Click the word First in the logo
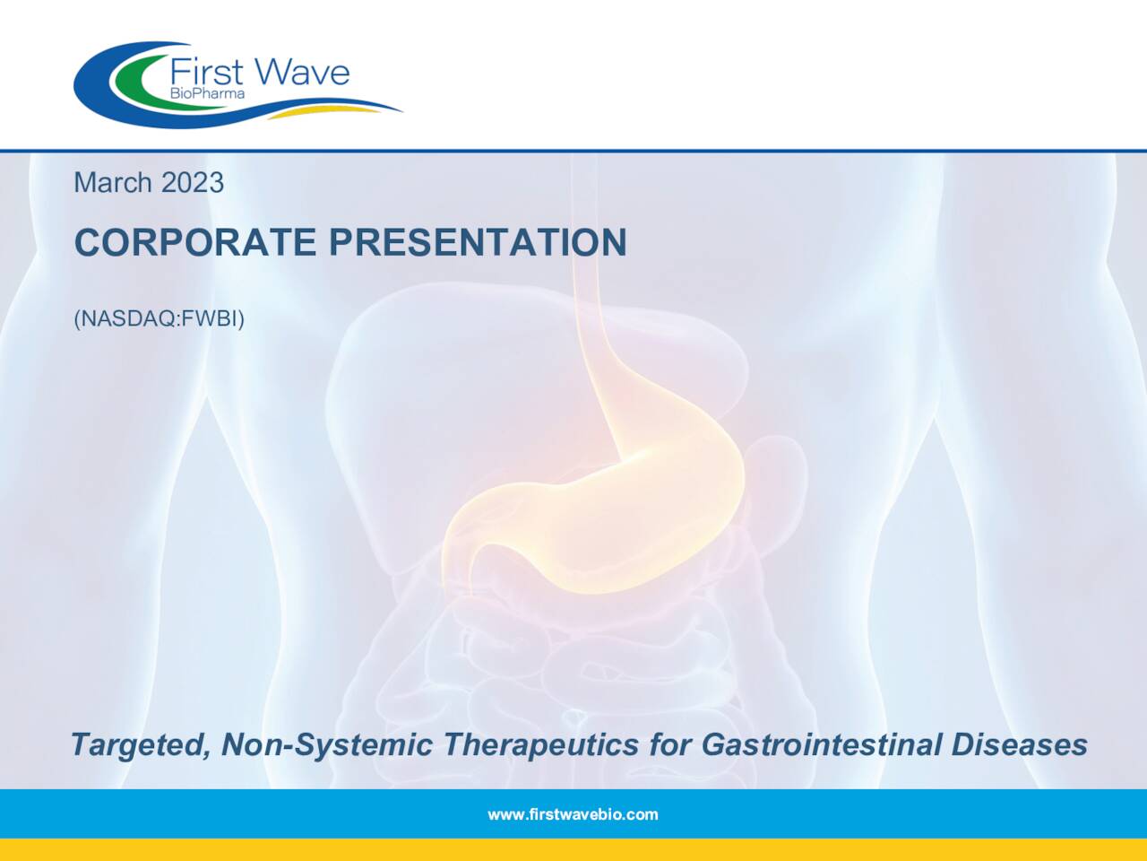pyautogui.click(x=206, y=72)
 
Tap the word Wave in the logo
pyautogui.click(x=301, y=72)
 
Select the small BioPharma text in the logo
pyautogui.click(x=207, y=93)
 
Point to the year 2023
pyautogui.click(x=194, y=182)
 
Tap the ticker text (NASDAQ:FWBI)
pyautogui.click(x=159, y=318)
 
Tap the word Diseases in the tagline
pyautogui.click(x=1019, y=744)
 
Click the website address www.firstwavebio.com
pyautogui.click(x=573, y=814)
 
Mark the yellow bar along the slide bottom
pyautogui.click(x=573, y=850)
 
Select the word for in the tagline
pyautogui.click(x=671, y=744)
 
